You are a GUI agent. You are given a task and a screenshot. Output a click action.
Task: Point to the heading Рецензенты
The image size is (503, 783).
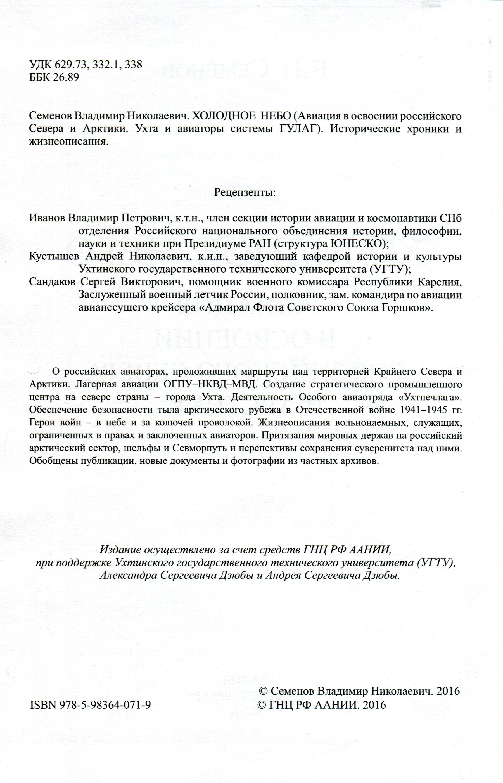pyautogui.click(x=245, y=192)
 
